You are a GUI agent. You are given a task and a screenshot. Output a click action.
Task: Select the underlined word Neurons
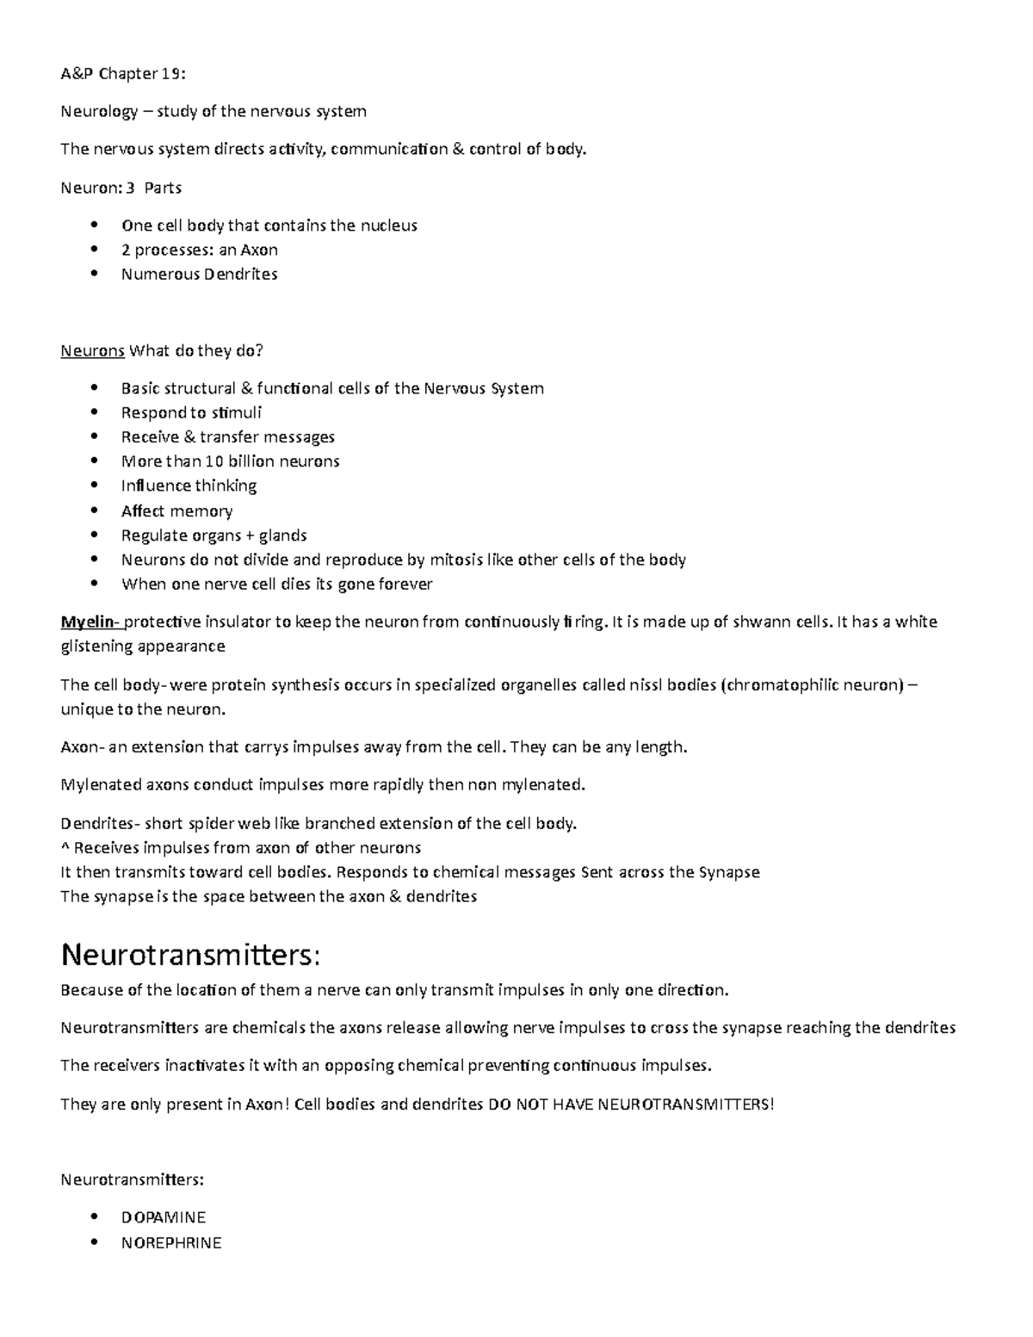tap(92, 350)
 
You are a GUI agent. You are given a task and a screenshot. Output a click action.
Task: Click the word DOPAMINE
tap(164, 1217)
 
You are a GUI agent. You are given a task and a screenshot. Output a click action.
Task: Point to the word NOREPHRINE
tap(171, 1242)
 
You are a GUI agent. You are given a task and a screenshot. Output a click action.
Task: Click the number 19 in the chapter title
tap(171, 73)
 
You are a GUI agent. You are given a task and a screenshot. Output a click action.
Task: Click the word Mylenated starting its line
tap(100, 784)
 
